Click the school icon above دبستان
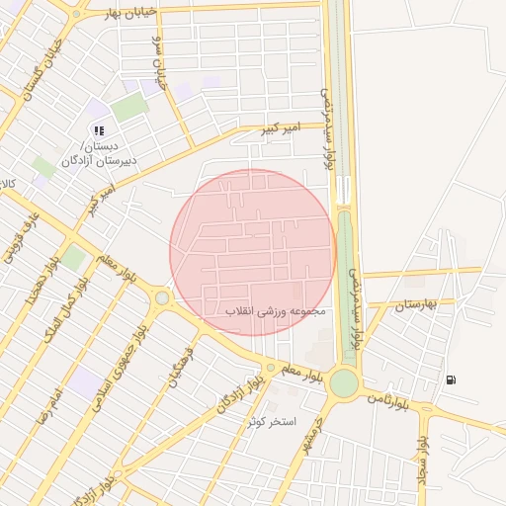coord(98,129)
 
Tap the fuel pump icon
coord(452,379)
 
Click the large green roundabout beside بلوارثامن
coord(344,382)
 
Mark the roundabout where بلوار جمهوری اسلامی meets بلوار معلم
coord(162,297)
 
